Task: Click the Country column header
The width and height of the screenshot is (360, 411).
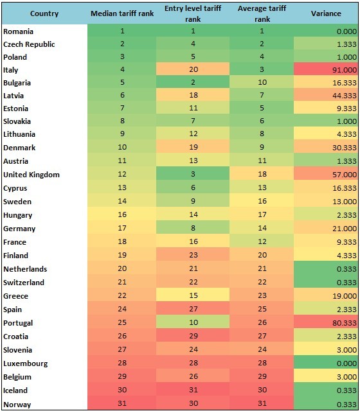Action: click(x=44, y=13)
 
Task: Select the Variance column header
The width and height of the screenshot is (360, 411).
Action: click(x=326, y=13)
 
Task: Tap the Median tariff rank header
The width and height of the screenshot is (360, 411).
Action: click(x=122, y=13)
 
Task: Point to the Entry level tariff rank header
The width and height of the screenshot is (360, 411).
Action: click(x=193, y=13)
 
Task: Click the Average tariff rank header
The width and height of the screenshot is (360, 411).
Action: click(x=262, y=13)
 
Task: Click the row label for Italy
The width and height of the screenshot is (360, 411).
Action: click(x=11, y=70)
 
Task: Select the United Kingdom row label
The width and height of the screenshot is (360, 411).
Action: click(x=32, y=175)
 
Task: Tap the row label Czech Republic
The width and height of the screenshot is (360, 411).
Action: click(x=29, y=44)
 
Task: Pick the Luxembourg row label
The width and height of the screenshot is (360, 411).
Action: click(x=26, y=363)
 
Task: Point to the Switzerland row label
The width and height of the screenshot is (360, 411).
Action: click(x=24, y=283)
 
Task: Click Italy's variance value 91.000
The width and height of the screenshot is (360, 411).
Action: click(x=345, y=70)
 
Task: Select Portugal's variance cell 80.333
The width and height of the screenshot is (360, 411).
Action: click(x=345, y=322)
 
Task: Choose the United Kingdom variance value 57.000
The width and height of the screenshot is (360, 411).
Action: click(x=345, y=175)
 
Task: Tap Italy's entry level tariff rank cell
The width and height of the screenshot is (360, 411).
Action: click(x=193, y=69)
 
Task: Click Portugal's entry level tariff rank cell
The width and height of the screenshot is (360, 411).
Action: click(x=193, y=322)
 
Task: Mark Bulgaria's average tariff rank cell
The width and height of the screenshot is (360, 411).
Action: click(x=262, y=82)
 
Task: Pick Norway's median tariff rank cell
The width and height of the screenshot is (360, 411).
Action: click(x=122, y=403)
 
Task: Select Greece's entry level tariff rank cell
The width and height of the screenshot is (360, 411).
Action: click(x=193, y=295)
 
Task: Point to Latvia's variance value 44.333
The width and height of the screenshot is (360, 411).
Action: click(x=345, y=96)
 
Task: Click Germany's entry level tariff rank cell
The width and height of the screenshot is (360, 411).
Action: click(x=193, y=228)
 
